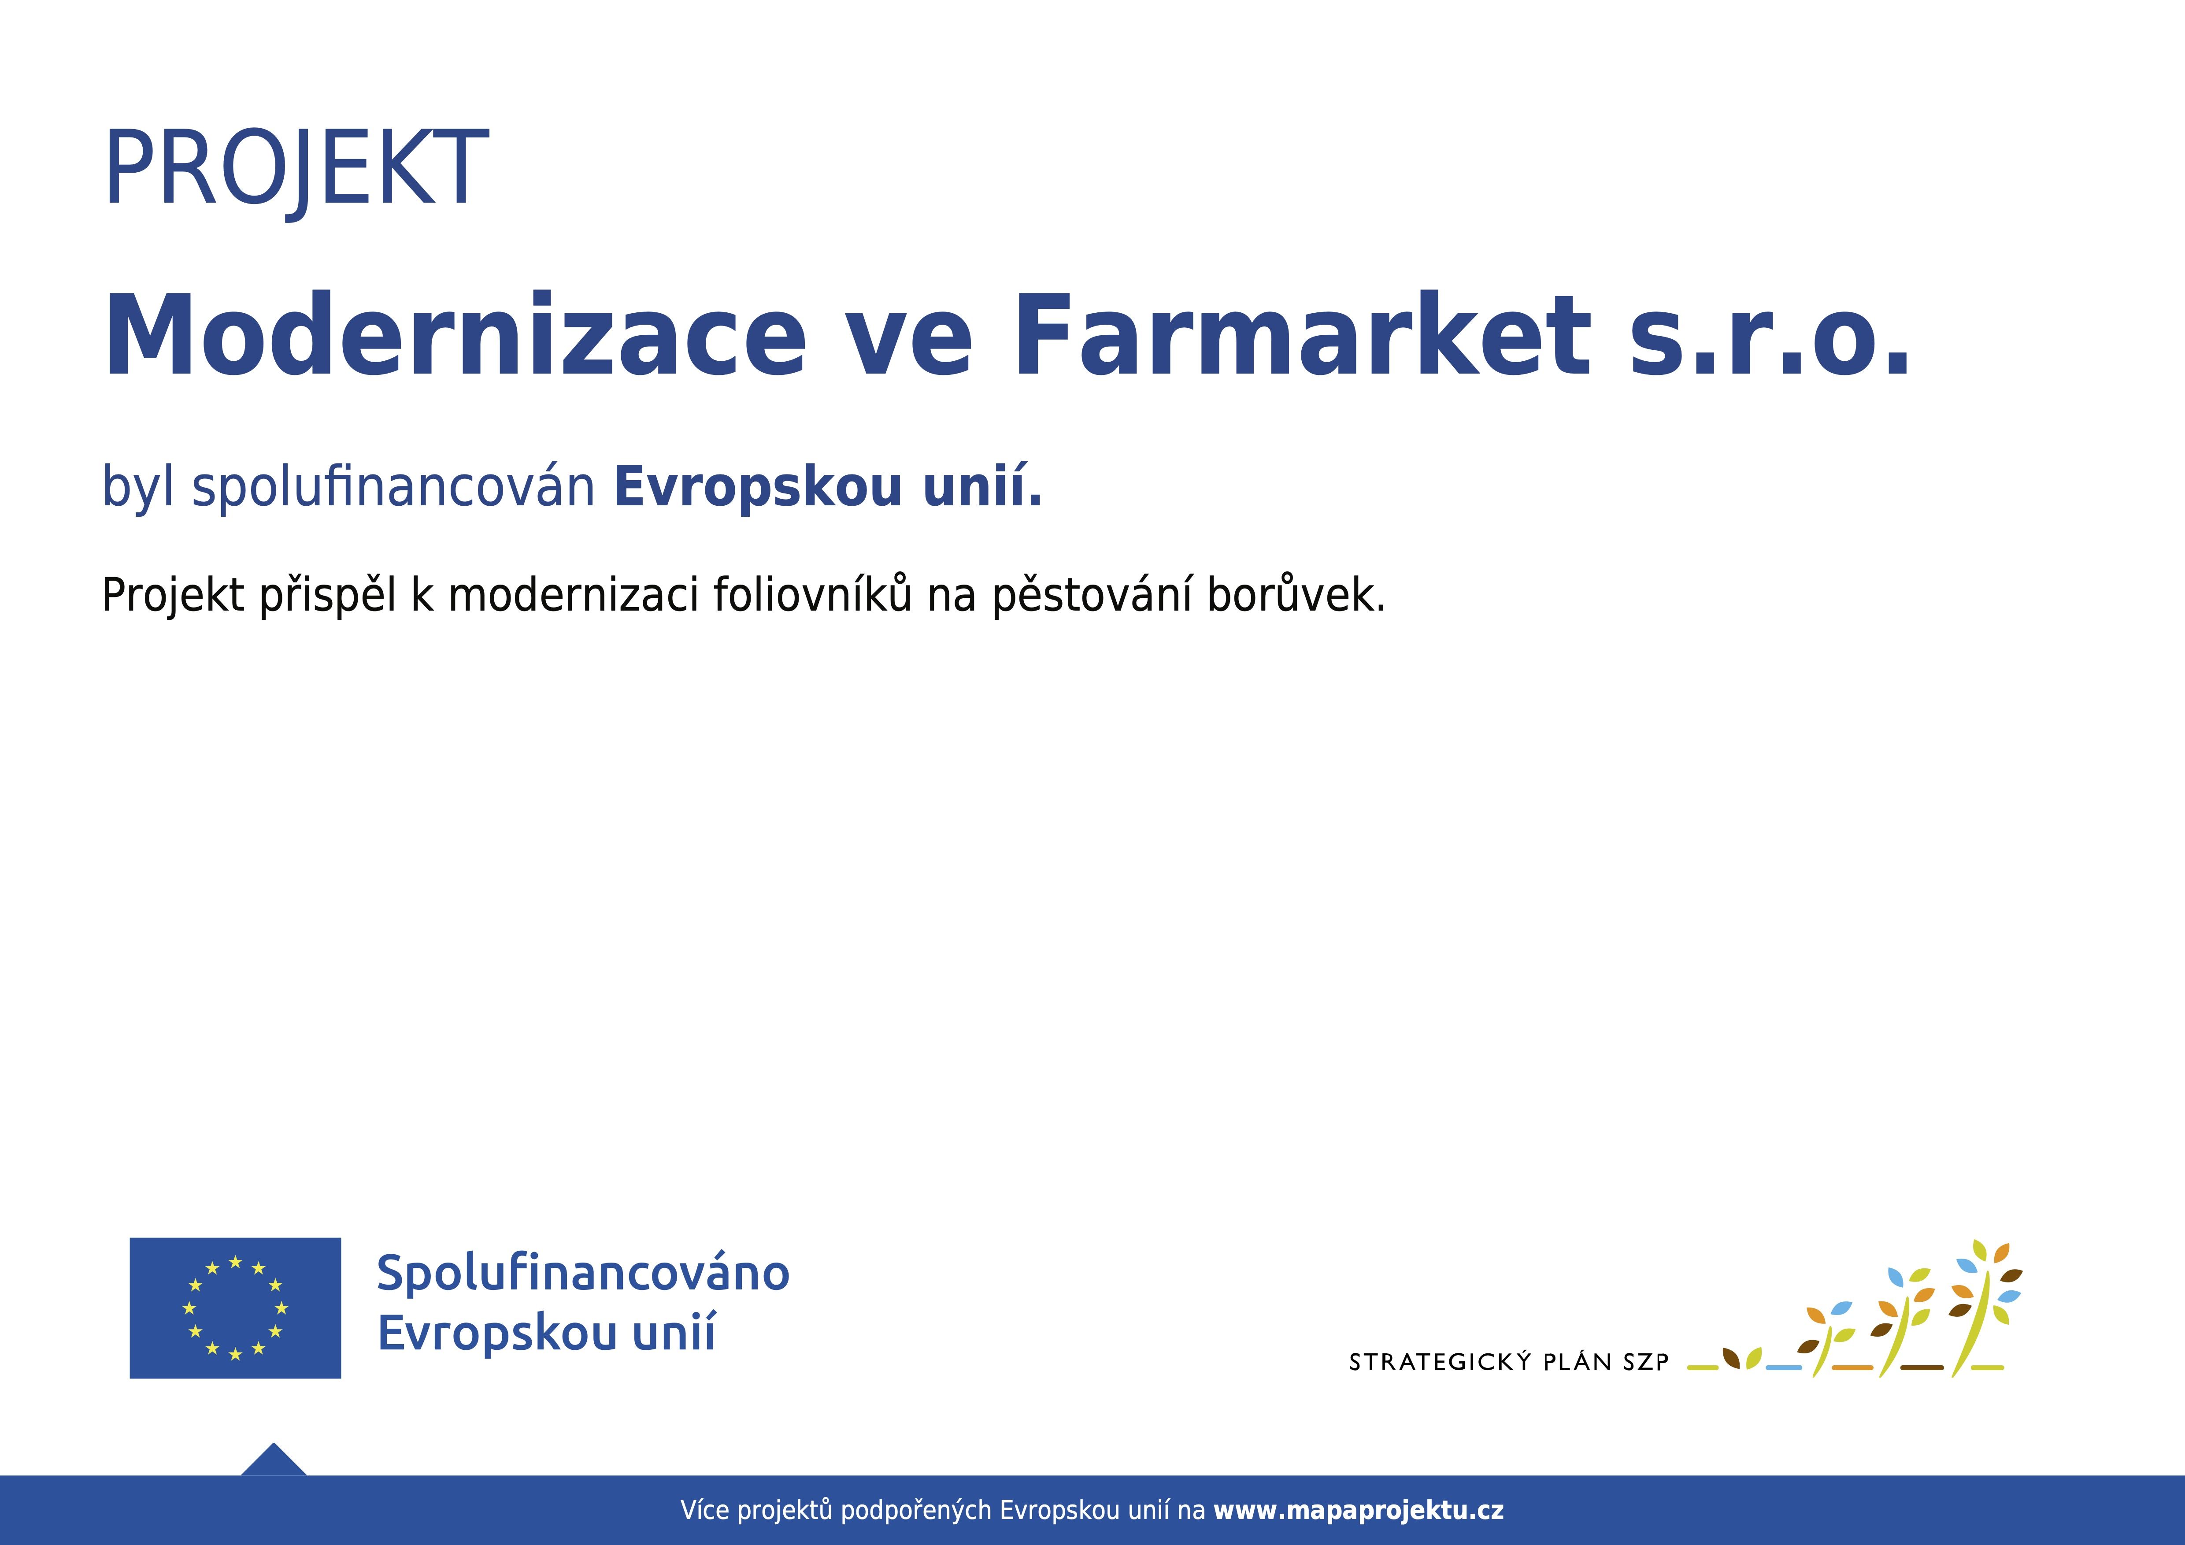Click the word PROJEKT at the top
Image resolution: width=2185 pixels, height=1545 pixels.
296,170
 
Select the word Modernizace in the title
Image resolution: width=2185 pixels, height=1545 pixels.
455,335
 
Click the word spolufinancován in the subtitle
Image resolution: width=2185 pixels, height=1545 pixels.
393,487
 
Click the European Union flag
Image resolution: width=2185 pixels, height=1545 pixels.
235,1308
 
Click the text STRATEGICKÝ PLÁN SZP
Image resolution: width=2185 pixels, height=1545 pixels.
1508,1362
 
